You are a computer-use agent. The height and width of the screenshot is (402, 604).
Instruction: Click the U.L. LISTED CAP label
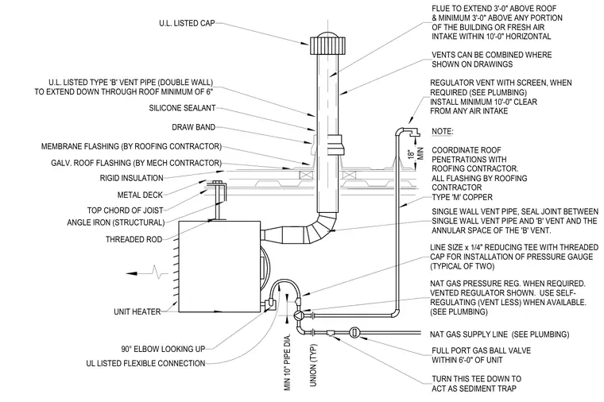click(187, 24)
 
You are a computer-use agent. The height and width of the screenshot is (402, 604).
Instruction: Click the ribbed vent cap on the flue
click(327, 44)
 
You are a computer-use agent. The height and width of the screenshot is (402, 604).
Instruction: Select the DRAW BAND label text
click(193, 127)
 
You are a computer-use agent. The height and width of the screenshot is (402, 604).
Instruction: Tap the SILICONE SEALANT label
click(182, 108)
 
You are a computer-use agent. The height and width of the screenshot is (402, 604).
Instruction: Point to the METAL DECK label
click(140, 195)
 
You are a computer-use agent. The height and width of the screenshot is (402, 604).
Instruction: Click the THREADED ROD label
click(134, 239)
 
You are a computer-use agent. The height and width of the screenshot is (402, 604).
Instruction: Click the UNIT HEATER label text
click(137, 311)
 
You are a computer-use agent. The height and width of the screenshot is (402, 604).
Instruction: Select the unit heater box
click(219, 266)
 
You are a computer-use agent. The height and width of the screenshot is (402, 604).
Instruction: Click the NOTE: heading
click(443, 131)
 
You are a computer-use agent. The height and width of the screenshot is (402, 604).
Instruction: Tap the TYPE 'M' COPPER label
click(462, 197)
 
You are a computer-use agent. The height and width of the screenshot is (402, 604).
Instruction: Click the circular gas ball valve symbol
click(354, 332)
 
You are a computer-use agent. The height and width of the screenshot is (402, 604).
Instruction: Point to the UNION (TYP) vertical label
click(313, 365)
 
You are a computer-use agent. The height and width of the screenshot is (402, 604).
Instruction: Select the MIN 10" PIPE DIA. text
click(288, 364)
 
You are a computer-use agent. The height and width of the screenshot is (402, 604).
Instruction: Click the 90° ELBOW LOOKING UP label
click(163, 350)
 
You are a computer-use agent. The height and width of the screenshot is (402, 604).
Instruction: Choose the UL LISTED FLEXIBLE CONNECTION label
click(145, 364)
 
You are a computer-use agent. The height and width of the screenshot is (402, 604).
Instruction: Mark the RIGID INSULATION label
click(131, 178)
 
